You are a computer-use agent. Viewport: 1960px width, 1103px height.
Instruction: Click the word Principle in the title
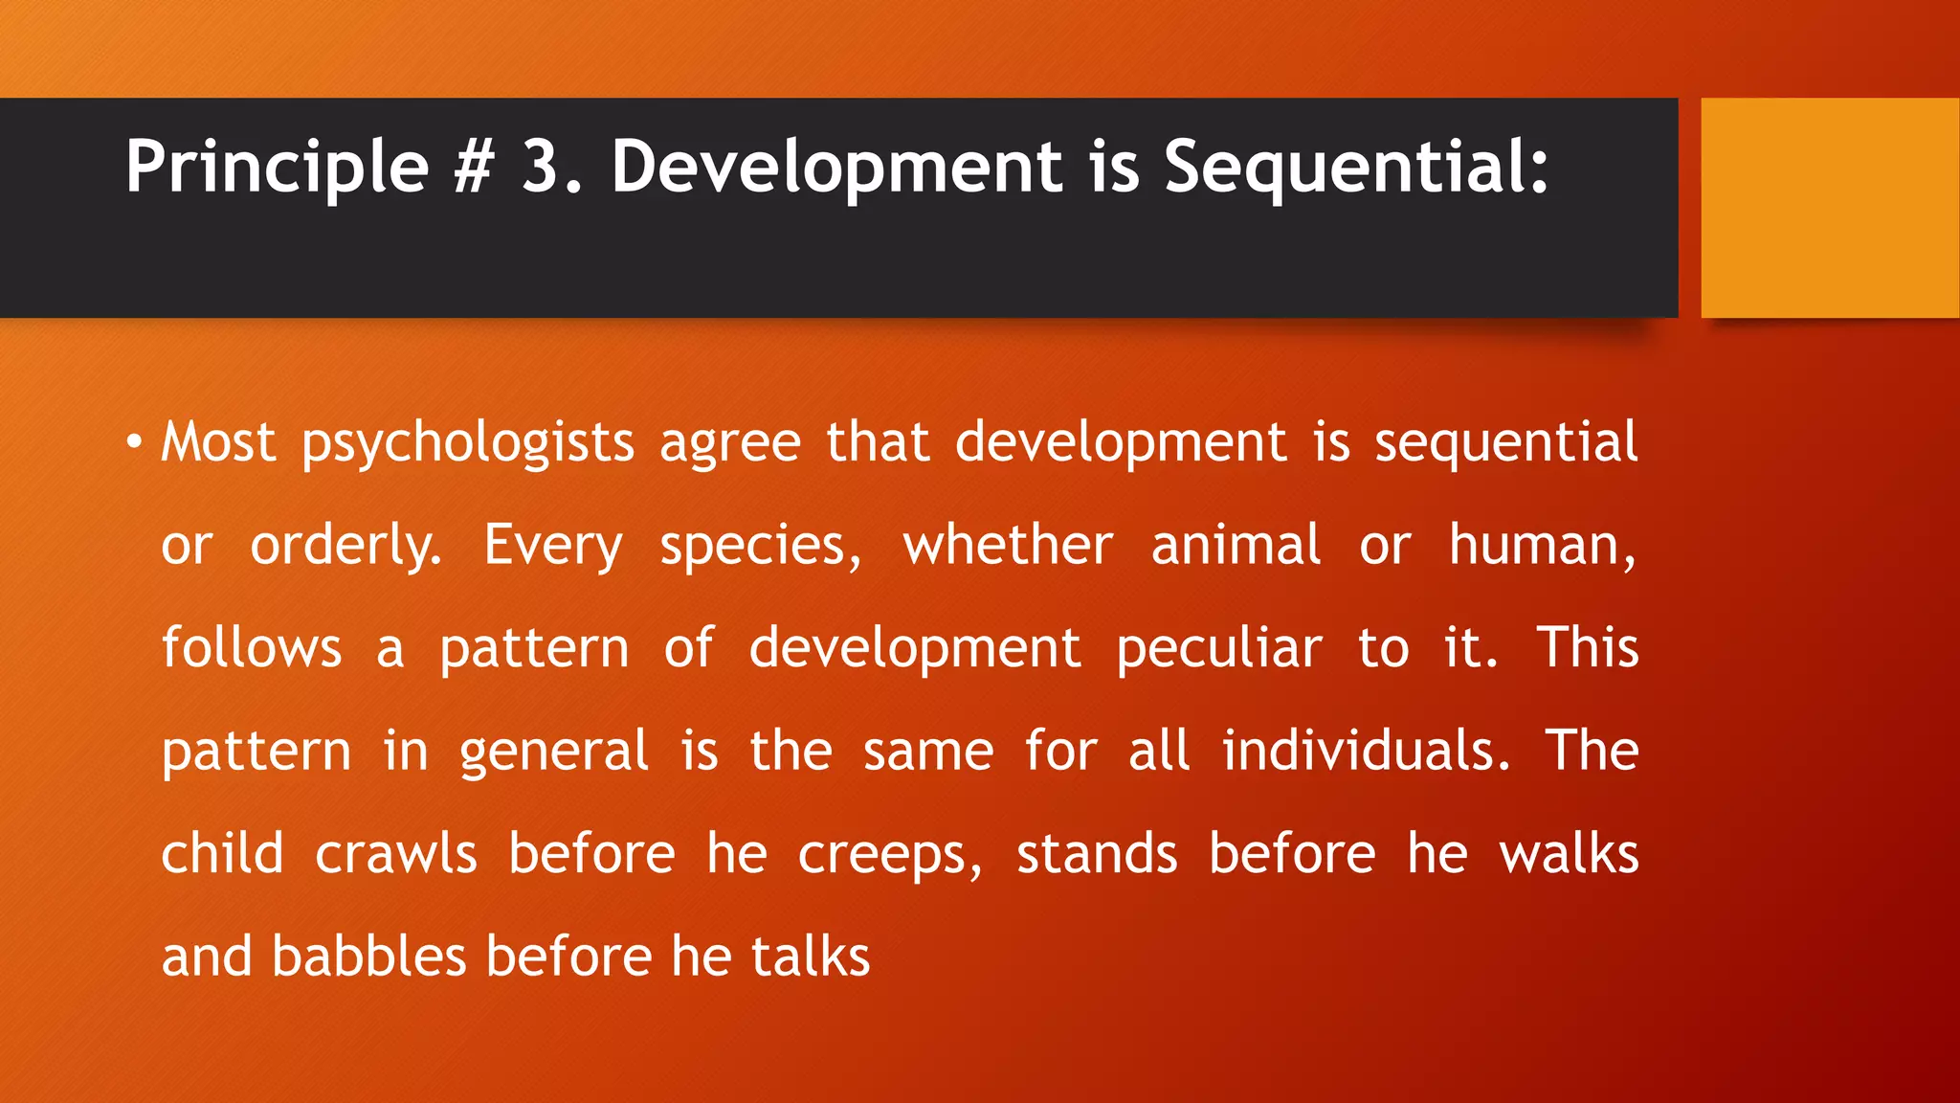(x=277, y=168)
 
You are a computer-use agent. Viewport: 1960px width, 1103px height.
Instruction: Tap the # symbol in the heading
(x=474, y=166)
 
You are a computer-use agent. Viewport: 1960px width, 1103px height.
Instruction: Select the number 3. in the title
(x=551, y=166)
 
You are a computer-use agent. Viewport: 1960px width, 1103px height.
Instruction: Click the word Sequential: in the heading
(x=1355, y=168)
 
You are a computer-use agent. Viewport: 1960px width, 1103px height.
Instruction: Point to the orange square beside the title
(x=1830, y=207)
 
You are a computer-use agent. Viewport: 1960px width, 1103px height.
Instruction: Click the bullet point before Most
(x=134, y=443)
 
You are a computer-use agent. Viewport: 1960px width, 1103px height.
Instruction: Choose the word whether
(x=1008, y=546)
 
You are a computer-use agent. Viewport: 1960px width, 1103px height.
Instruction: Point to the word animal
(x=1236, y=546)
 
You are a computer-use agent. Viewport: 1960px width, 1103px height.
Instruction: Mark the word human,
(x=1542, y=546)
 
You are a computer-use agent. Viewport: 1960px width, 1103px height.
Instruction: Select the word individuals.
(x=1366, y=751)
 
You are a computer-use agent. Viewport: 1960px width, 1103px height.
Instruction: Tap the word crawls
(x=395, y=854)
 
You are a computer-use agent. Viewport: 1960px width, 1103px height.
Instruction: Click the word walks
(x=1569, y=854)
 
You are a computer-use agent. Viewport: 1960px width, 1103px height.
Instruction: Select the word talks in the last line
(x=811, y=957)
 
